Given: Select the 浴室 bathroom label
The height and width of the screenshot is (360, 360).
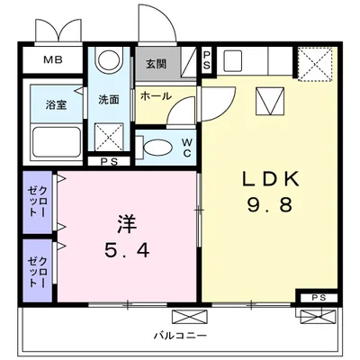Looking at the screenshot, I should coord(55,105).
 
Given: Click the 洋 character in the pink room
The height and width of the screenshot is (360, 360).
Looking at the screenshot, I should coord(126,220).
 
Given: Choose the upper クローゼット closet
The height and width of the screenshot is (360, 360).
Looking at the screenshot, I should coord(39,202).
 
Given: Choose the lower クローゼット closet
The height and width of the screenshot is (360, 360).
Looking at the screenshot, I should coord(39,265).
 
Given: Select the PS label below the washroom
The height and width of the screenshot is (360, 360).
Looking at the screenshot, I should coord(109,163).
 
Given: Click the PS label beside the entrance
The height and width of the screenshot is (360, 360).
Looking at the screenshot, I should coord(206,61).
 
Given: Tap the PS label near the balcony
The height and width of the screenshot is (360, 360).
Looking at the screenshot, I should coord(318,298).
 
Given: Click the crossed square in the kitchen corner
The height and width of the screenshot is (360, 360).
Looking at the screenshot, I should coord(317,63).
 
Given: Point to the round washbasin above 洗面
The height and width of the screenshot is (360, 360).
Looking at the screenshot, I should coord(110,62).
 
